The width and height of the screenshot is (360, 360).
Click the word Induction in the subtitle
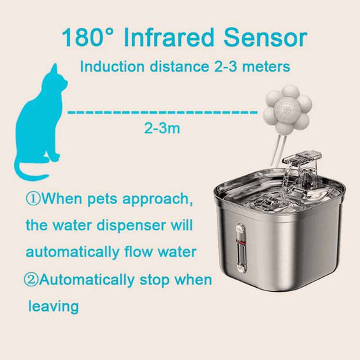coord(112,67)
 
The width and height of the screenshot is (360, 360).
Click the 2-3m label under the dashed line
coord(162,128)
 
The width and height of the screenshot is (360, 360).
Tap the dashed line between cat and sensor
coord(162,112)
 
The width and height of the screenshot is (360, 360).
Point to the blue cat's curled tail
coord(28,170)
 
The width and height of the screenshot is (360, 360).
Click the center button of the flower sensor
coord(286,109)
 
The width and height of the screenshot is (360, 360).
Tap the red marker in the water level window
coord(241,243)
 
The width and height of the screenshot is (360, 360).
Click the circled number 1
coord(33,199)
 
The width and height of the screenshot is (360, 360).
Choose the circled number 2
coord(31,280)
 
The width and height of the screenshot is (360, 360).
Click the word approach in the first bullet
coord(157,199)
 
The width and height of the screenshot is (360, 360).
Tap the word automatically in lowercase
coord(72,253)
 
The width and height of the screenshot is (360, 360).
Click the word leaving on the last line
coord(53,307)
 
